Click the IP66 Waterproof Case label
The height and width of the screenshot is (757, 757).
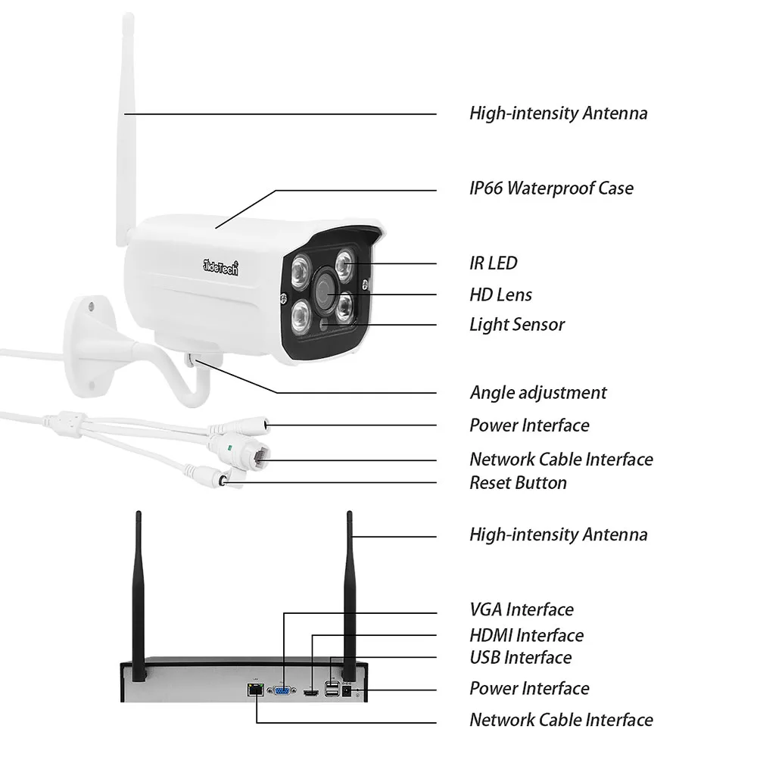pyautogui.click(x=551, y=188)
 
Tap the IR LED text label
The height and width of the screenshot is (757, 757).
pyautogui.click(x=494, y=263)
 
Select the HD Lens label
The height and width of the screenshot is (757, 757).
pyautogui.click(x=500, y=294)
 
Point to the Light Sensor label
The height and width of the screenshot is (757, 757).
pyautogui.click(x=517, y=325)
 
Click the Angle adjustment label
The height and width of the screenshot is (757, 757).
pyautogui.click(x=538, y=393)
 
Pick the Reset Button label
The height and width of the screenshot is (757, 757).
pyautogui.click(x=518, y=483)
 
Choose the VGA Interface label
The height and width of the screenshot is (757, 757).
pyautogui.click(x=522, y=609)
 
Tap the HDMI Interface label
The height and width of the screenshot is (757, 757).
pyautogui.click(x=526, y=635)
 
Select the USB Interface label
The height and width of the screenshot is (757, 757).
pyautogui.click(x=521, y=657)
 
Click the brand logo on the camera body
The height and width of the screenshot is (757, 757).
pyautogui.click(x=220, y=265)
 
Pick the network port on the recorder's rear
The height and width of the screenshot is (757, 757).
pyautogui.click(x=254, y=690)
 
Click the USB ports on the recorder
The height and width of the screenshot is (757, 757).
pyautogui.click(x=331, y=688)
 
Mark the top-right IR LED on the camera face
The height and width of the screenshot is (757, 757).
pyautogui.click(x=347, y=264)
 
